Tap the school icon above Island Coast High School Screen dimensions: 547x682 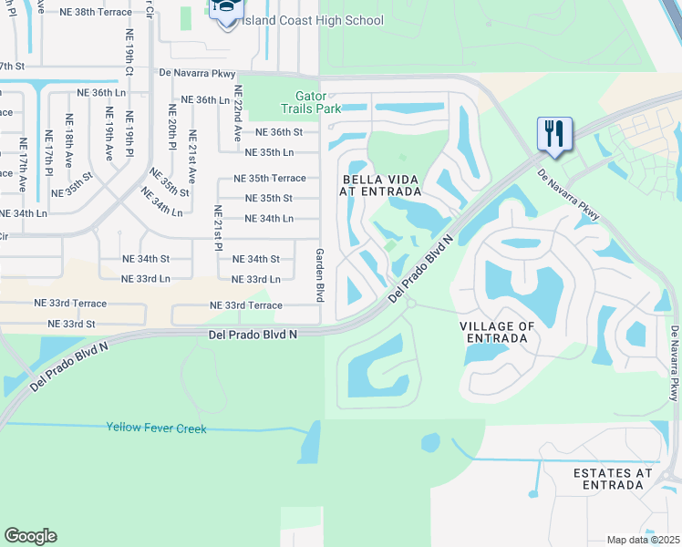[224, 8]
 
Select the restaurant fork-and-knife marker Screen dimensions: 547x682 [553, 133]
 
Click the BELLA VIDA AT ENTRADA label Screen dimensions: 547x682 [381, 186]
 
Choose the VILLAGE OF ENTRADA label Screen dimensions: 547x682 [497, 332]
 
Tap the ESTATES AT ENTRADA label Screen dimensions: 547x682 [613, 479]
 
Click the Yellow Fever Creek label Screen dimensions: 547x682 [157, 428]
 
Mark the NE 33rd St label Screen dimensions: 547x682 [65, 324]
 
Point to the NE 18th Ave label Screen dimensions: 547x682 [67, 141]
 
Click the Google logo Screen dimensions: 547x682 [30, 536]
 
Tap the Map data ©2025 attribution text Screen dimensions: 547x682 [642, 540]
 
